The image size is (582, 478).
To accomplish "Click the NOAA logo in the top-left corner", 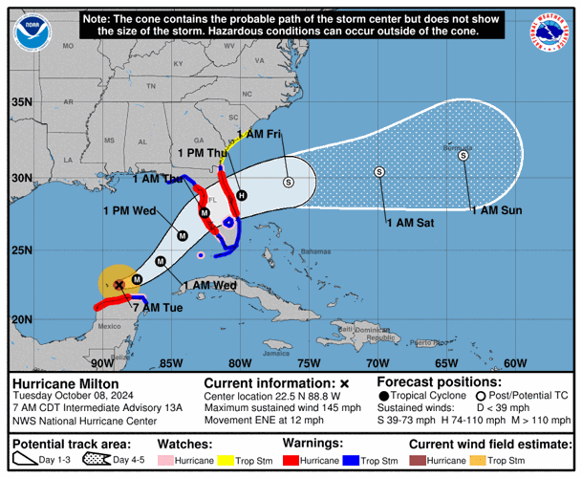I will click(x=33, y=31).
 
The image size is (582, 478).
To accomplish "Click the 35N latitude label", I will click(x=21, y=102).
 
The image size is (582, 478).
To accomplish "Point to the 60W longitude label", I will click(x=515, y=363).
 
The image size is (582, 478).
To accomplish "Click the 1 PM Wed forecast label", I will click(x=129, y=210).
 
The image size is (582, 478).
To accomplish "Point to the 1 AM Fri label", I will click(x=258, y=134).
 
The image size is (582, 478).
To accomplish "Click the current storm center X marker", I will click(x=119, y=284).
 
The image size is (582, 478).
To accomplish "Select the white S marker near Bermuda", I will click(x=463, y=156).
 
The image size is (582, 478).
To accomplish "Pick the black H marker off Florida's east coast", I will click(x=242, y=195).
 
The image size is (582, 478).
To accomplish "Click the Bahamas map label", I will click(x=301, y=251).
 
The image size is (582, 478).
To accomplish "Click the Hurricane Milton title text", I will click(x=57, y=382).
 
